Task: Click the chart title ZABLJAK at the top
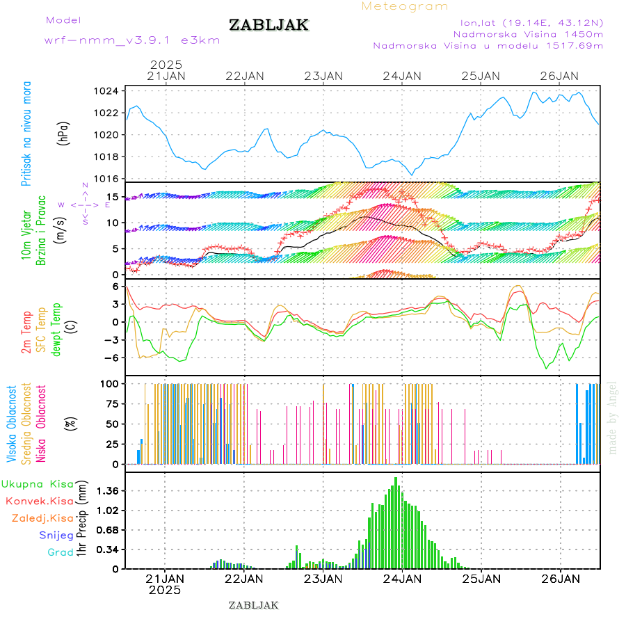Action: point(268,25)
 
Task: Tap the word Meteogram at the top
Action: point(405,6)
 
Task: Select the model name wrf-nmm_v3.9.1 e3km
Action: point(132,40)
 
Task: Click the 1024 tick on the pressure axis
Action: point(106,91)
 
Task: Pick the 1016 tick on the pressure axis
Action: point(106,179)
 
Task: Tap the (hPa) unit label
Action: point(64,133)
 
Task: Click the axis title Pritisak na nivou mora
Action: point(27,134)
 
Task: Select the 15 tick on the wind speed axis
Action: point(111,197)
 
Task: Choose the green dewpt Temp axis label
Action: point(56,328)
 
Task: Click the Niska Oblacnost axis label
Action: point(41,423)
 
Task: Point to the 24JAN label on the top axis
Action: point(401,76)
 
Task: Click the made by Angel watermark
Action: point(612,417)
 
